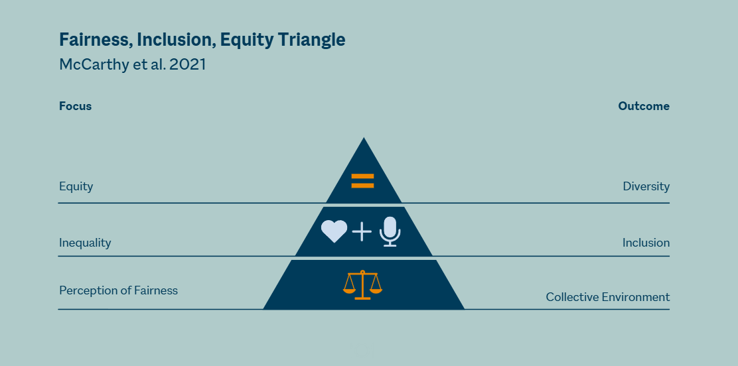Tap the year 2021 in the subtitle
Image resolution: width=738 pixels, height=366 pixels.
click(187, 64)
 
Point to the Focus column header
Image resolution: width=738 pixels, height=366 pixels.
click(75, 106)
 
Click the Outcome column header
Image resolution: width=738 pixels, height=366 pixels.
click(644, 106)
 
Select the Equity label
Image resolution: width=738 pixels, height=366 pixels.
click(76, 187)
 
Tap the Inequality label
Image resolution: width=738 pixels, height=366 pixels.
click(85, 243)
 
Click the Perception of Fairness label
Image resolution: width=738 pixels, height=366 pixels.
click(119, 290)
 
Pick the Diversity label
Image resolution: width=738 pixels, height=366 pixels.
click(646, 186)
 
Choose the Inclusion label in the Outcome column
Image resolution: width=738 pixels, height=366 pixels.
click(646, 243)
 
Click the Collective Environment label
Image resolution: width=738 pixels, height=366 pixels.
click(608, 297)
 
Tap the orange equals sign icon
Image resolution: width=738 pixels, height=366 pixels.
click(363, 181)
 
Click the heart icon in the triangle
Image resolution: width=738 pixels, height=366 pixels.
click(334, 231)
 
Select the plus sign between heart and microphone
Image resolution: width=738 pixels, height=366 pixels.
click(362, 231)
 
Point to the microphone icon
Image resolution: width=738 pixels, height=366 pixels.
click(390, 231)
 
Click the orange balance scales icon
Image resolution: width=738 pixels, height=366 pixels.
click(362, 284)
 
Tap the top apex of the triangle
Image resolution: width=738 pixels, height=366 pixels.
click(364, 137)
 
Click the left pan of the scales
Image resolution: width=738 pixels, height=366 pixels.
click(349, 290)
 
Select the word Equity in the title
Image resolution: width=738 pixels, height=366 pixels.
click(247, 40)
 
